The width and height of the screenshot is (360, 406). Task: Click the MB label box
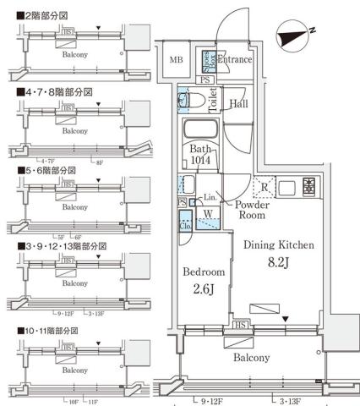(x=176, y=60)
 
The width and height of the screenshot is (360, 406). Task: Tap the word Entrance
(x=236, y=59)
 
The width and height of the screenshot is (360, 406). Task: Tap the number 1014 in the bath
(x=201, y=160)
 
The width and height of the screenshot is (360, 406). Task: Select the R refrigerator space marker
(x=265, y=187)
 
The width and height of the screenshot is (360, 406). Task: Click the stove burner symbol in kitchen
(x=309, y=185)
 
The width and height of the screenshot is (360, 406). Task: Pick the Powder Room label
(x=252, y=211)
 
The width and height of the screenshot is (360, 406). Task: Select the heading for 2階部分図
(x=46, y=15)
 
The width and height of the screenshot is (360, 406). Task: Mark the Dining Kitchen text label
(x=279, y=245)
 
